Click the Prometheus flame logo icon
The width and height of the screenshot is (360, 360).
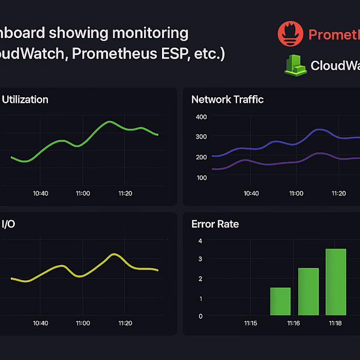pyautogui.click(x=291, y=33)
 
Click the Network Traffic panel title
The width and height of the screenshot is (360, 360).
pyautogui.click(x=227, y=99)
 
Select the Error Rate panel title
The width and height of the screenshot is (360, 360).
pyautogui.click(x=215, y=224)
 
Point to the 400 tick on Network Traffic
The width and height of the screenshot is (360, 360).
pyautogui.click(x=201, y=117)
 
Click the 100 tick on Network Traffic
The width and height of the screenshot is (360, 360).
pyautogui.click(x=201, y=177)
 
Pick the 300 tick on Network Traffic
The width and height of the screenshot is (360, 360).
pyautogui.click(x=201, y=137)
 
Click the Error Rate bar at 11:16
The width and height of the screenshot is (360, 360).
pyautogui.click(x=308, y=291)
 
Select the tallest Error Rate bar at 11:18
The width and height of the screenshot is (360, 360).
pyautogui.click(x=335, y=281)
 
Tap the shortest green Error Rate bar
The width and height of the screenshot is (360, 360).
pyautogui.click(x=280, y=301)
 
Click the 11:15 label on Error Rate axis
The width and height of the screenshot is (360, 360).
pyautogui.click(x=250, y=323)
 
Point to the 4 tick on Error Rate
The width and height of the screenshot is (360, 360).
pyautogui.click(x=200, y=241)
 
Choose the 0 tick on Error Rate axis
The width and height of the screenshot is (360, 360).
pyautogui.click(x=200, y=316)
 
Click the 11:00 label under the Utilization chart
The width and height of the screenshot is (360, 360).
pyautogui.click(x=83, y=193)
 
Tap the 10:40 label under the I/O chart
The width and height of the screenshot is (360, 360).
pyautogui.click(x=40, y=323)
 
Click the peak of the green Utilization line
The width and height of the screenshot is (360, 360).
pyautogui.click(x=109, y=122)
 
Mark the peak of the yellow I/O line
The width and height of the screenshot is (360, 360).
pyautogui.click(x=114, y=254)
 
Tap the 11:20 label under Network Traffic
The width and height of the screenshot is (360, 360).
pyautogui.click(x=338, y=193)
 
